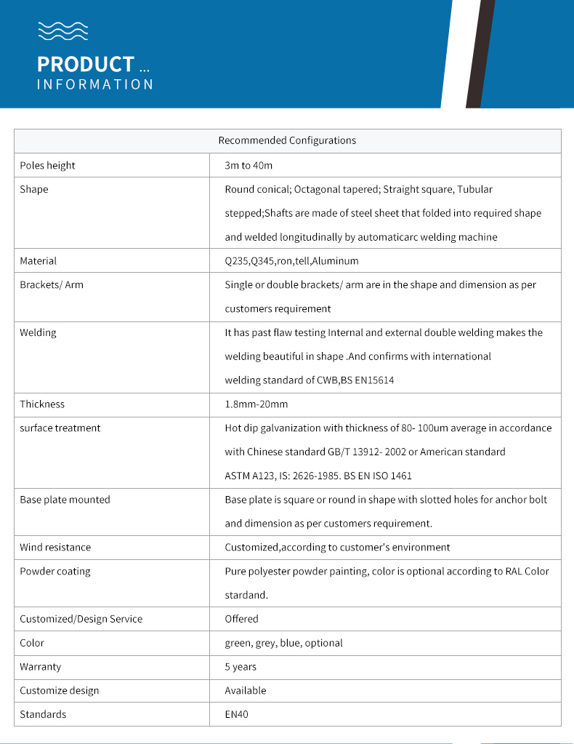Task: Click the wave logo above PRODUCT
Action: click(62, 31)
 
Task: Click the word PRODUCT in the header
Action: click(86, 64)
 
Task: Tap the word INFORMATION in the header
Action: click(95, 84)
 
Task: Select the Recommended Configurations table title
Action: click(287, 140)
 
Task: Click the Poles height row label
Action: click(48, 165)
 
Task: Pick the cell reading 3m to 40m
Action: click(248, 165)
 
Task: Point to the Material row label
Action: click(39, 260)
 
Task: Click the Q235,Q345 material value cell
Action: click(291, 260)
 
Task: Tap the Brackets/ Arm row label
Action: click(52, 284)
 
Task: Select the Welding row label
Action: click(38, 332)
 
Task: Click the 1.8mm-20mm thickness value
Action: click(256, 404)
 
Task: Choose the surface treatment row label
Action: click(60, 428)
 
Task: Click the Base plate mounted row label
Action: click(65, 500)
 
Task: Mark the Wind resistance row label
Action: click(55, 547)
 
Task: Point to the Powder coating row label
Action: click(55, 571)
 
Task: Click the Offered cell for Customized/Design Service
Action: click(241, 619)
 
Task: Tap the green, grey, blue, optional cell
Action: click(283, 643)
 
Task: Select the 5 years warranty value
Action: click(240, 666)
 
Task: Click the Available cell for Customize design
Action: click(246, 690)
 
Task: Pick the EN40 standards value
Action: click(236, 714)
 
